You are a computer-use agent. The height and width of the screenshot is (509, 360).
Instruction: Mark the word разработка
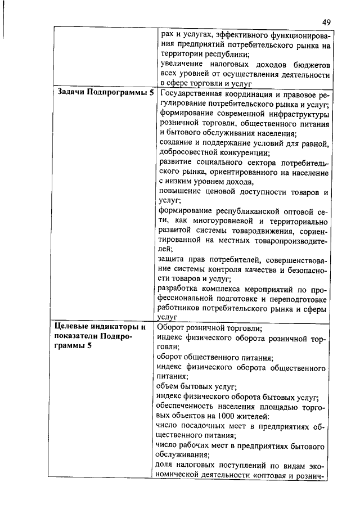pyautogui.click(x=180, y=290)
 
